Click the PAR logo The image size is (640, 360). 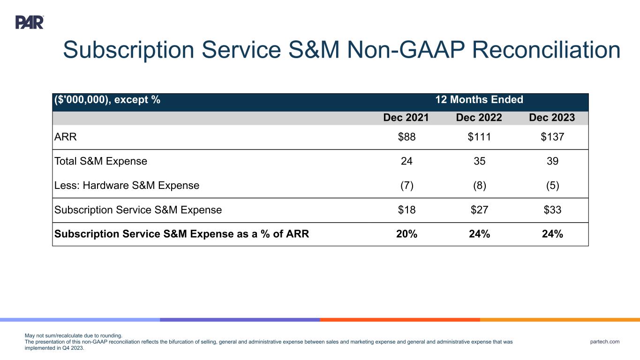coord(30,22)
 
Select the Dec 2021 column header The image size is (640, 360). coord(406,118)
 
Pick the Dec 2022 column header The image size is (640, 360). coord(479,118)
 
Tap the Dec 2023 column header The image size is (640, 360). coord(552,118)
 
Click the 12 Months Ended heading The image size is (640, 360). coord(479,100)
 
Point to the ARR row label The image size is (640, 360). coord(65,137)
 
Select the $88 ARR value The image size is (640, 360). coord(406,137)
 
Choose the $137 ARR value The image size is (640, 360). coord(552,137)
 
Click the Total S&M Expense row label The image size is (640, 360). coord(101,161)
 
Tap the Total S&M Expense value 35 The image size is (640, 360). coord(479,161)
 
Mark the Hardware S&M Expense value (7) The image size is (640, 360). coord(406,185)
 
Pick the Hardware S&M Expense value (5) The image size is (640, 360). coord(552,185)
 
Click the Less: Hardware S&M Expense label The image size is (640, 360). coord(127,185)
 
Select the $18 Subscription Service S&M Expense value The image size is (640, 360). coord(406,210)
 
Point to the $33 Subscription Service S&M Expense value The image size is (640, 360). coord(552,210)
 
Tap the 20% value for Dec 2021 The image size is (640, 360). coord(407,234)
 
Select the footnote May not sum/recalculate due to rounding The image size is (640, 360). coord(73,336)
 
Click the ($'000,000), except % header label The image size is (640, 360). coord(107,100)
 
